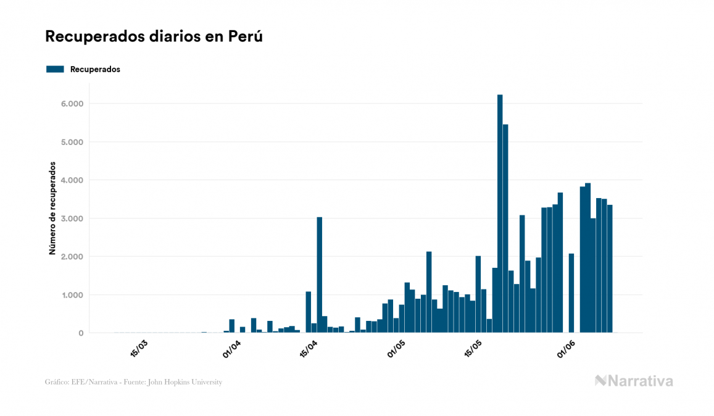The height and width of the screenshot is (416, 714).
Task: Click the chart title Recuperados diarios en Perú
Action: [x=154, y=36]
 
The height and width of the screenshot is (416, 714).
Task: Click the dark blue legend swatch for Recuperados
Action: [x=55, y=69]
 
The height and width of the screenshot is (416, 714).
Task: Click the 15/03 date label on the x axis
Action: [x=139, y=347]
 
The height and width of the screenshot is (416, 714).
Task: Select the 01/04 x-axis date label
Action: [x=231, y=347]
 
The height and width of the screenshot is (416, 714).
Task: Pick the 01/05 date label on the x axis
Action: [x=396, y=347]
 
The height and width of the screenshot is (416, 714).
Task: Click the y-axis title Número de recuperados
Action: [x=53, y=209]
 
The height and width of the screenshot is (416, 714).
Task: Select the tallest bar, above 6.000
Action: [x=500, y=214]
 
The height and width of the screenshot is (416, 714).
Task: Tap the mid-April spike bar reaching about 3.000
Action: [x=319, y=275]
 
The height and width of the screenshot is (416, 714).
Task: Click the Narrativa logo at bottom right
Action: [x=634, y=381]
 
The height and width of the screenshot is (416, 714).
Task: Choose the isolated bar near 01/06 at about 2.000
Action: [x=571, y=293]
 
